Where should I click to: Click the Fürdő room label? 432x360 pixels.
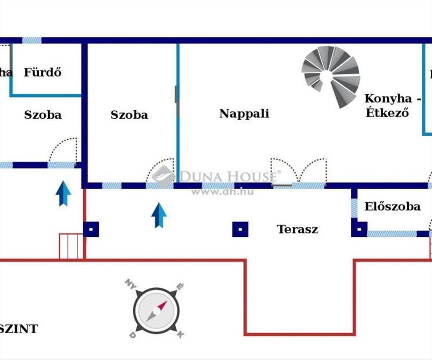coord(42,72)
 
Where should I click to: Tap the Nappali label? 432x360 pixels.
coord(244,114)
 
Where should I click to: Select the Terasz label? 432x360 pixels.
coord(297,229)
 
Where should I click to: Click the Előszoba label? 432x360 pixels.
coord(392,207)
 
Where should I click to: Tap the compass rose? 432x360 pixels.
coord(156,310)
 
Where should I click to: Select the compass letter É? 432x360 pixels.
coord(180,286)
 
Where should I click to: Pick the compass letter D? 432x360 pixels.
coord(132,335)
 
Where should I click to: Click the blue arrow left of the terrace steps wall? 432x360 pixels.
coord(63,193)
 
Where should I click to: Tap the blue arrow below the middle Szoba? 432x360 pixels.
coord(159,215)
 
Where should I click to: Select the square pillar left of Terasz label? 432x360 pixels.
coord(240,229)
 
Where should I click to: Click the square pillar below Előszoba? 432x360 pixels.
coord(359,229)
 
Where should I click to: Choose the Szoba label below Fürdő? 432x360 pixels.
coord(42,115)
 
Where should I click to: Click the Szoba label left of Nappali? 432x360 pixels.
coord(129,115)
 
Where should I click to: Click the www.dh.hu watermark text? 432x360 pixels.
coord(222,192)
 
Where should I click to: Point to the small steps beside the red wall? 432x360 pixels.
coord(71,246)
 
